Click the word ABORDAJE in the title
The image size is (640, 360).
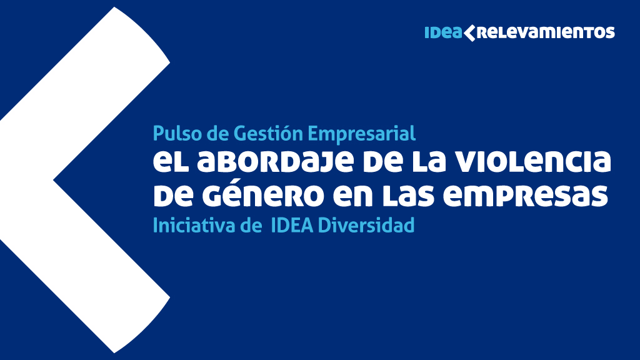276,162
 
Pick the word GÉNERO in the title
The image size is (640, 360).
263,195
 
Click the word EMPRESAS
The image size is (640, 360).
526,196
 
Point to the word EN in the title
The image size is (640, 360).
353,196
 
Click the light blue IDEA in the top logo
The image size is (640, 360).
443,32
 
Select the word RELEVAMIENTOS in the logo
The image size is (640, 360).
545,32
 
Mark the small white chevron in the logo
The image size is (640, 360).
470,33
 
